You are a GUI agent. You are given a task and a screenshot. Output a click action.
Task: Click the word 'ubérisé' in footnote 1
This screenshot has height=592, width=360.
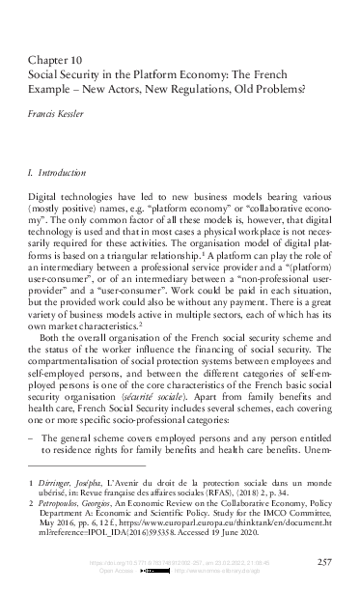(x=57, y=490)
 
